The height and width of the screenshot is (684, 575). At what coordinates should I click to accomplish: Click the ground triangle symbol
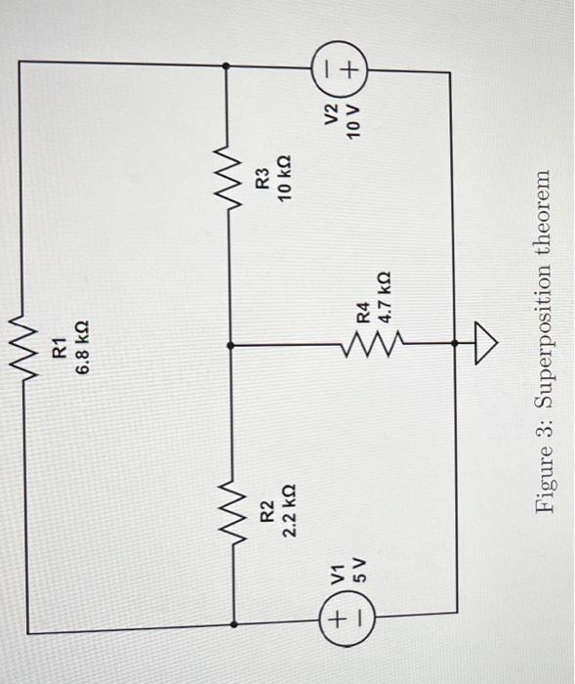tap(486, 343)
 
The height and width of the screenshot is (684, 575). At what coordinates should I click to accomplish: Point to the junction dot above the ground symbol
tap(455, 343)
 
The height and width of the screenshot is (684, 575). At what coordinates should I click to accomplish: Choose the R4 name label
tap(362, 314)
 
